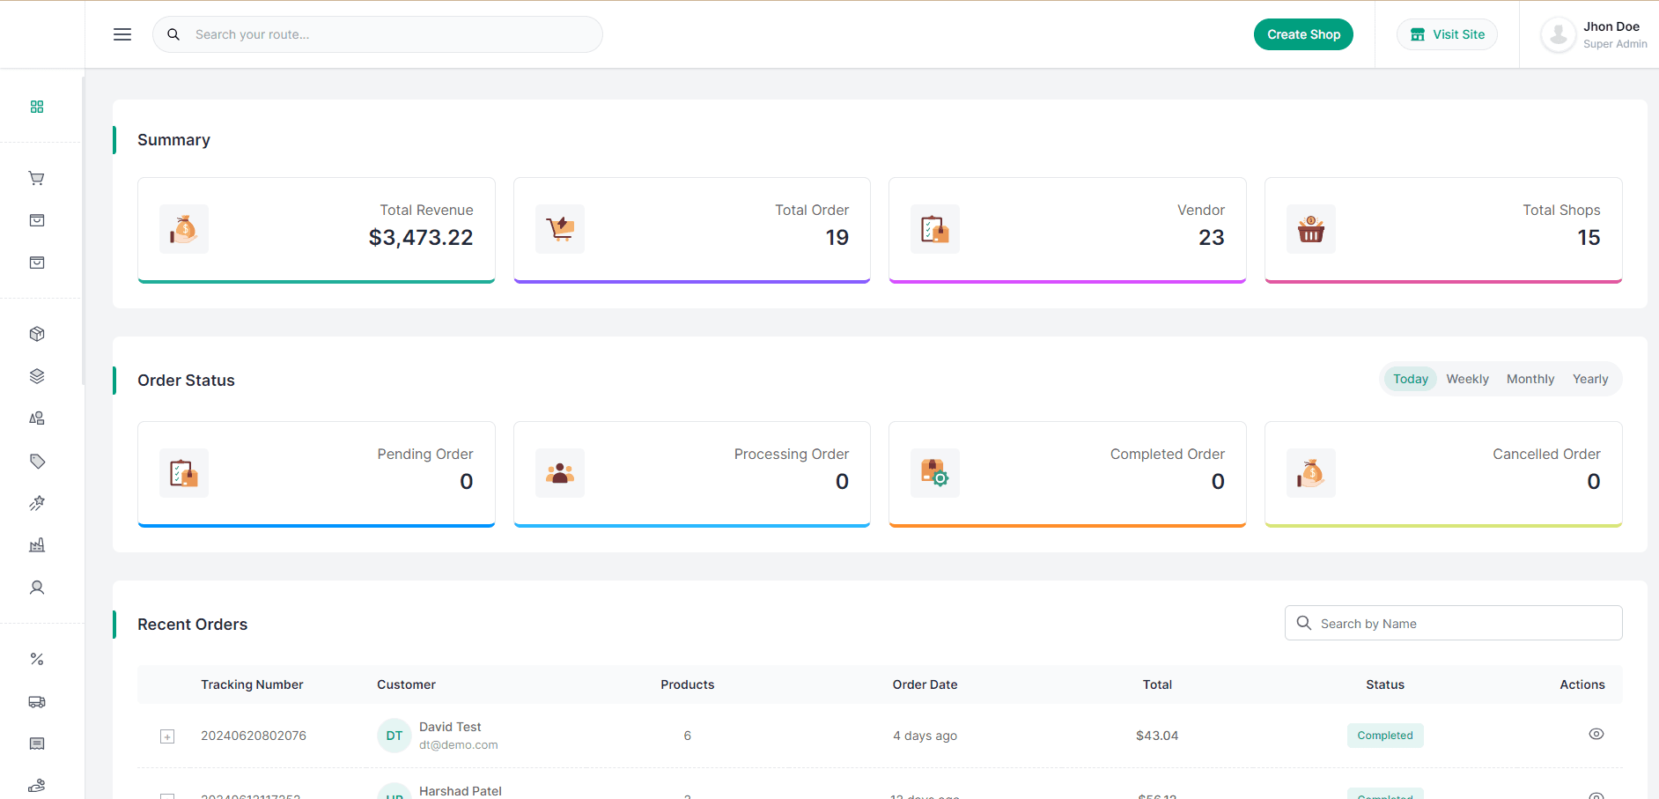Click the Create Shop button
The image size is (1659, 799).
click(x=1303, y=34)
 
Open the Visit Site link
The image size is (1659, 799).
click(x=1447, y=34)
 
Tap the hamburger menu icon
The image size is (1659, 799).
click(x=122, y=34)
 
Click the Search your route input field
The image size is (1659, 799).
click(x=387, y=34)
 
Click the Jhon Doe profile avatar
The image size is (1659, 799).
click(x=1558, y=35)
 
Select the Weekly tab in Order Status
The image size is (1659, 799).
click(x=1467, y=379)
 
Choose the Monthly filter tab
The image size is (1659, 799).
click(x=1530, y=379)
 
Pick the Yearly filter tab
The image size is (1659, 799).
click(x=1589, y=379)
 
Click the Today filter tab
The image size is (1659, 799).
click(x=1410, y=379)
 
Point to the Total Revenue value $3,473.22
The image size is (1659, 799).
click(x=421, y=238)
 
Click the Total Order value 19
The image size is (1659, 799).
click(x=837, y=238)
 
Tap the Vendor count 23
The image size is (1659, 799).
click(x=1211, y=238)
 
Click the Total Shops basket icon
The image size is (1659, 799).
click(x=1310, y=229)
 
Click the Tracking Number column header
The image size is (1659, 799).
click(x=252, y=684)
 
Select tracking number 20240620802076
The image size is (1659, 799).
click(x=254, y=736)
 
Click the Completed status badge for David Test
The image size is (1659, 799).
click(x=1384, y=736)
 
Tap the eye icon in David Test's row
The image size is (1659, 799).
click(x=1596, y=734)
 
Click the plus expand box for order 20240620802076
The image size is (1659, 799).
click(x=167, y=736)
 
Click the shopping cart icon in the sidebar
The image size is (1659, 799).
click(x=37, y=178)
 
